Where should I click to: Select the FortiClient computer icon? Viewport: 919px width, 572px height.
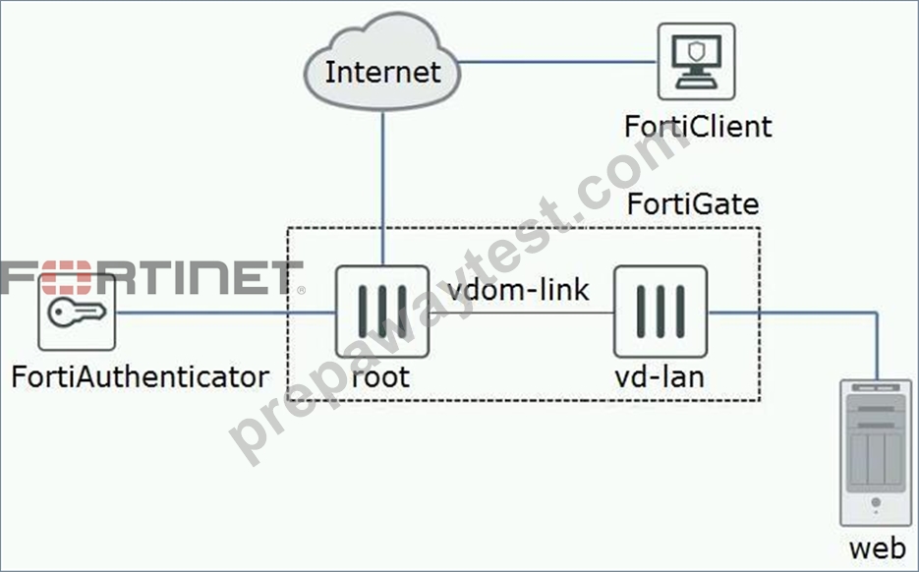(x=696, y=62)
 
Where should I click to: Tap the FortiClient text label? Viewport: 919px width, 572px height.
(x=698, y=127)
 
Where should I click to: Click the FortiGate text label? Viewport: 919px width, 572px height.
(x=693, y=204)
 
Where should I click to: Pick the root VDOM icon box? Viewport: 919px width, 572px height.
(x=382, y=312)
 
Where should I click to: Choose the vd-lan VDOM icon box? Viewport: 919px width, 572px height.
(x=661, y=312)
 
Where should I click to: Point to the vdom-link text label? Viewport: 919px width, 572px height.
(x=518, y=290)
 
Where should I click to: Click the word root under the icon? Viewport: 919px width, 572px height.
(x=380, y=376)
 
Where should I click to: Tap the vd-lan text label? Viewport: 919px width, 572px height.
(x=660, y=376)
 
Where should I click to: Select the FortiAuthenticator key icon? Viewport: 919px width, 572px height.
(x=77, y=312)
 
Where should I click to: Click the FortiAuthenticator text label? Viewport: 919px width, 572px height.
(x=141, y=376)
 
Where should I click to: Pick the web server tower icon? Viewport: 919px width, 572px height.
(x=876, y=453)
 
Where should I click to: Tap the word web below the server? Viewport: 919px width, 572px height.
(x=878, y=548)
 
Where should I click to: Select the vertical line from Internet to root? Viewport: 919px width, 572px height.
(x=382, y=188)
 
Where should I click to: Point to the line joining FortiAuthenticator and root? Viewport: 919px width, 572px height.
(x=226, y=313)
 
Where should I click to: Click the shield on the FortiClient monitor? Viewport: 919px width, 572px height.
(x=696, y=51)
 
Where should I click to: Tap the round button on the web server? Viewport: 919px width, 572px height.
(x=876, y=502)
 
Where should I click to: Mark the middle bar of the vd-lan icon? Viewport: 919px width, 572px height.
(x=661, y=312)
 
